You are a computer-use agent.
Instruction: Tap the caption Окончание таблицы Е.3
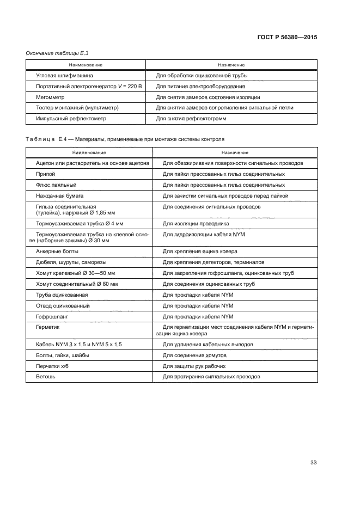57,53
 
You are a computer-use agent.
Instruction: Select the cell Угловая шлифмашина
64,76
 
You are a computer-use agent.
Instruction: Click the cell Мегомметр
50,97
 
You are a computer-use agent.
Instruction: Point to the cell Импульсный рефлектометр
71,118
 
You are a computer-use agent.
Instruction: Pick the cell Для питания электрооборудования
200,87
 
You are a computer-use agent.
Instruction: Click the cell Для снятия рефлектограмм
191,118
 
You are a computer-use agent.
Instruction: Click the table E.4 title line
125,139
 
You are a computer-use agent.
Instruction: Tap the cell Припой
46,174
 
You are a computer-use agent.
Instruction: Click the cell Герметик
48,327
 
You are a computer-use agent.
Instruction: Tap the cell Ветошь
46,377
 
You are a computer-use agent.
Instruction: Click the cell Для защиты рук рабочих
194,366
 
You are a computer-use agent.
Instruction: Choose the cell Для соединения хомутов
194,355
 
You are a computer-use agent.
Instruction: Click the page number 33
313,463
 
